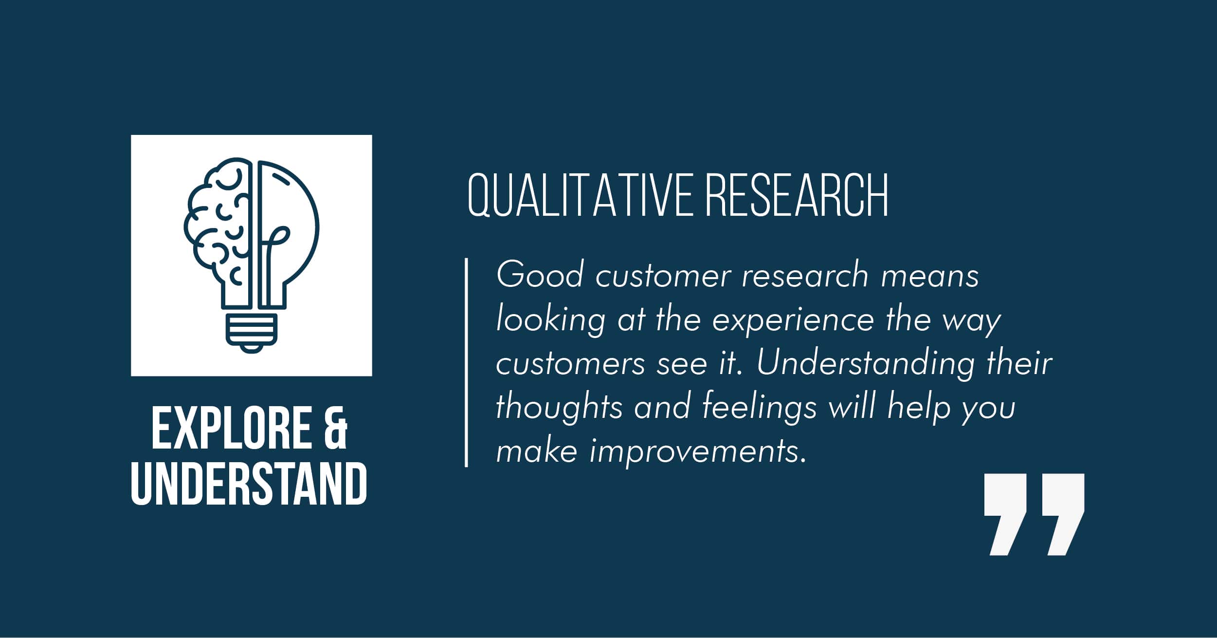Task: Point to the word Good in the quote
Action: pos(539,275)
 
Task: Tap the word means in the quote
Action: pos(930,276)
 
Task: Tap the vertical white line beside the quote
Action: pos(466,362)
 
